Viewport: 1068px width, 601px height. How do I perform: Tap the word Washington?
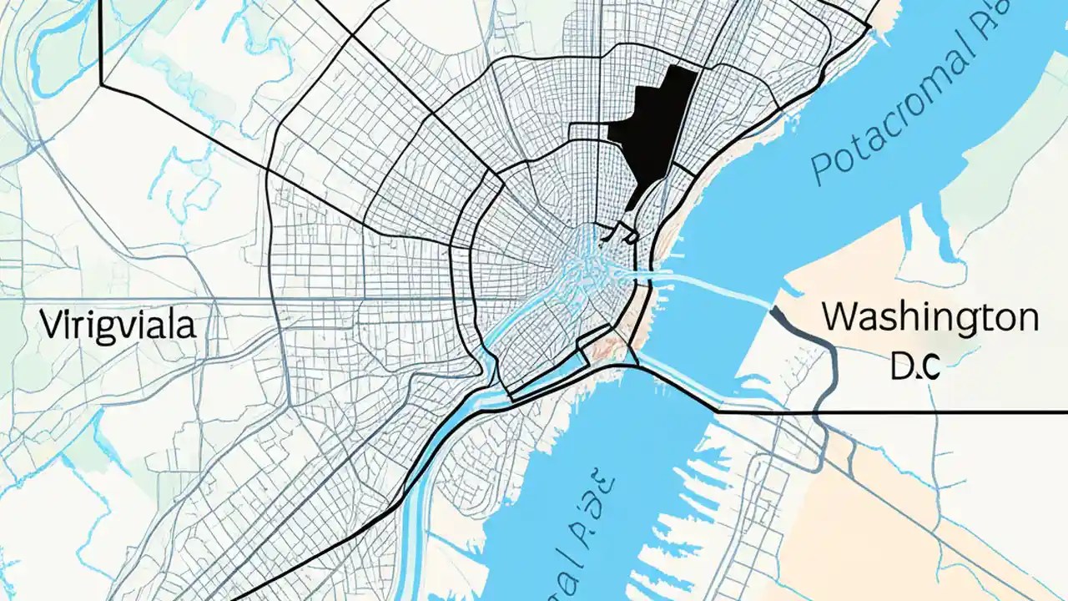pyautogui.click(x=930, y=318)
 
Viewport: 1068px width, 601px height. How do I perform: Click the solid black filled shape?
pyautogui.click(x=655, y=125)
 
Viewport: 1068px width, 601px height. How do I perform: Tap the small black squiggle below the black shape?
pyautogui.click(x=622, y=231)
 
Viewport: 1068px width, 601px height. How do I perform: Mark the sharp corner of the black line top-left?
pyautogui.click(x=101, y=84)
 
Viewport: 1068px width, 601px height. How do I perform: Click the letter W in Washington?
pyautogui.click(x=839, y=318)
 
